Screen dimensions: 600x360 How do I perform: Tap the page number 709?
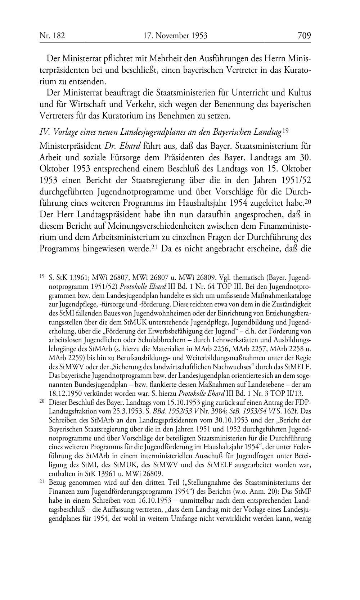point(304,36)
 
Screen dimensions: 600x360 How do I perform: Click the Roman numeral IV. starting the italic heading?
point(44,132)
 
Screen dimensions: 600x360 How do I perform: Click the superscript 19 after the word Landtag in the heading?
point(286,131)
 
